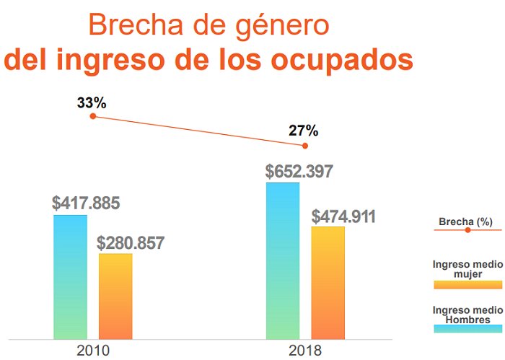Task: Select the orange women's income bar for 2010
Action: coord(115,296)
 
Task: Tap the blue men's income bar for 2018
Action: coord(283,260)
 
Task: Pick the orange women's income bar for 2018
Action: coord(328,282)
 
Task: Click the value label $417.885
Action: coord(86,203)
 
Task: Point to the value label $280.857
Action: coord(131,242)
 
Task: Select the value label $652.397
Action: coord(299,172)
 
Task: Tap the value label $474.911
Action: coord(343,216)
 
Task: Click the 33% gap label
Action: coord(92,103)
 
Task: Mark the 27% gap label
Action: coord(303,131)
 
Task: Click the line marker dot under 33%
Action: coord(92,116)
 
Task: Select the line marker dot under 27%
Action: coord(305,146)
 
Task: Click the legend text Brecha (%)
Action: coord(467,221)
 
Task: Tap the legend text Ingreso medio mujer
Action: coord(467,269)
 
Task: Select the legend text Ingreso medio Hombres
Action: coord(467,315)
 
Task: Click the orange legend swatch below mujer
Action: coord(467,284)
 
